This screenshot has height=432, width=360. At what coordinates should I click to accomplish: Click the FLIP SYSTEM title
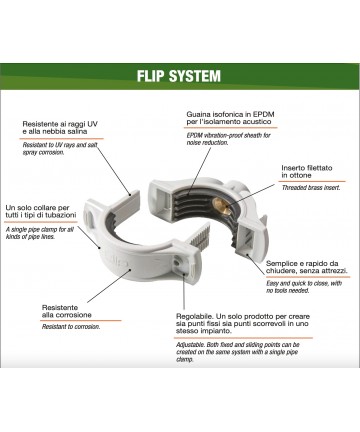click(x=179, y=76)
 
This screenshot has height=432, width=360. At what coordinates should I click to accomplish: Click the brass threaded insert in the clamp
click(x=222, y=205)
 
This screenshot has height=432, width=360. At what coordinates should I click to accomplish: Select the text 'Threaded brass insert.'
click(x=311, y=188)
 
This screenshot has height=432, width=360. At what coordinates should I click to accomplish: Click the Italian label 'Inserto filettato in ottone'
click(x=307, y=172)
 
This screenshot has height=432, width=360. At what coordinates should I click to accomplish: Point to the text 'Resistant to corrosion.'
click(x=71, y=327)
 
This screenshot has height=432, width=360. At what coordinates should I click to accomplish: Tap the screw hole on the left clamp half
click(x=176, y=263)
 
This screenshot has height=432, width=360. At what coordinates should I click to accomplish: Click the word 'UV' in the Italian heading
click(x=92, y=124)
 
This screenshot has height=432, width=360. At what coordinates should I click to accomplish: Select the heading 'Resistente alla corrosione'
click(x=67, y=311)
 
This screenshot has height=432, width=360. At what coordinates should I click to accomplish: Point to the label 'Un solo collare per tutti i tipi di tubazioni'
click(x=41, y=212)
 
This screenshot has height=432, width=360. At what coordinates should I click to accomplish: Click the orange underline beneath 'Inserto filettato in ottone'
click(x=312, y=181)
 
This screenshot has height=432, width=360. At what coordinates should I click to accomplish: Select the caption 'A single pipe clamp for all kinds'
click(x=40, y=230)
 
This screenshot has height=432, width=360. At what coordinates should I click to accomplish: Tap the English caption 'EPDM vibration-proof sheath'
click(x=229, y=135)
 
